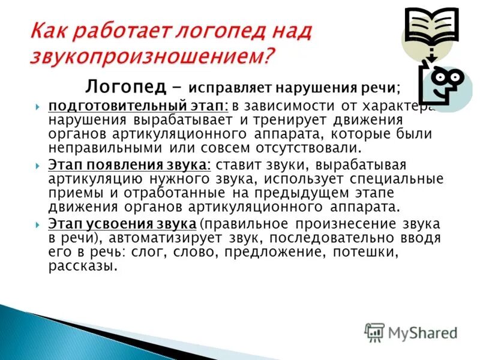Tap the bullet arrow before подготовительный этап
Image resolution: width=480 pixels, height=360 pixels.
[x=38, y=106]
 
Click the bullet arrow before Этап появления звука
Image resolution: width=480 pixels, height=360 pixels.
[x=38, y=165]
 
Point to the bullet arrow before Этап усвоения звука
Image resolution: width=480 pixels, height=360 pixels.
[x=38, y=224]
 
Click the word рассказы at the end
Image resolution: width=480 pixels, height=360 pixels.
[x=82, y=266]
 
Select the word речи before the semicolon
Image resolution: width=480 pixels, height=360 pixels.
[x=377, y=88]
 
